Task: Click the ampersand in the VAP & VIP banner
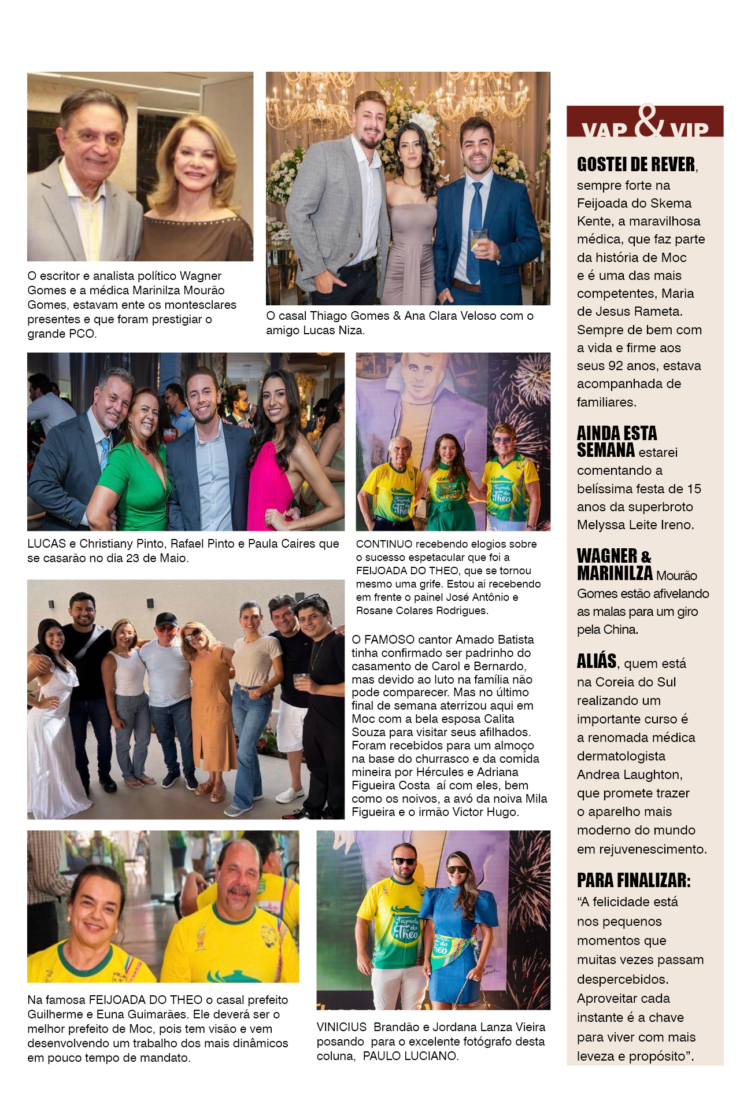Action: [649, 121]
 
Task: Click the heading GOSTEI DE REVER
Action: [636, 165]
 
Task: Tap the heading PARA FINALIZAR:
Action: [634, 881]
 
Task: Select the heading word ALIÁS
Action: [597, 661]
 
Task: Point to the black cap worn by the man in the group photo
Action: [167, 619]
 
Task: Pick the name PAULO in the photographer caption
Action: [382, 1056]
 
